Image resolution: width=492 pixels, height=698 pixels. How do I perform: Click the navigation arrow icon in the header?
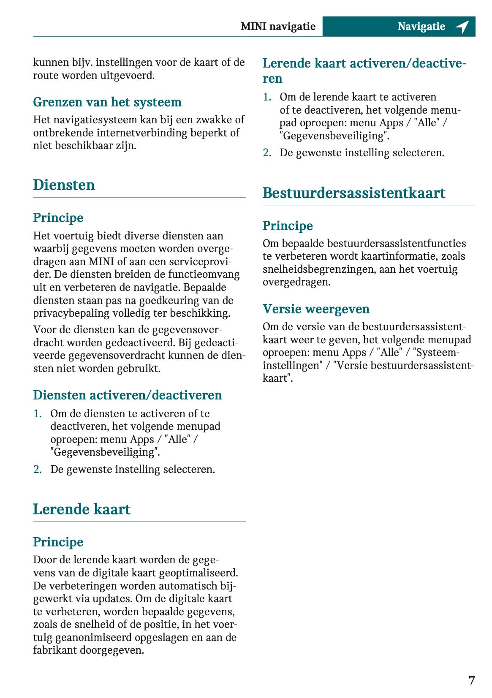click(462, 27)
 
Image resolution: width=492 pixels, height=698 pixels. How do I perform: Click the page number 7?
click(471, 680)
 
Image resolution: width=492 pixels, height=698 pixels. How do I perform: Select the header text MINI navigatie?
click(278, 27)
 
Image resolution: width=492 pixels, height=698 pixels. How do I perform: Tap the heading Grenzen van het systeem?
click(107, 102)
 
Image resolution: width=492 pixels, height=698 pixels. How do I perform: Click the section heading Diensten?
click(64, 185)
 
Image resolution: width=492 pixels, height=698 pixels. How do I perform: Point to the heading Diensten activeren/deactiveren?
click(128, 395)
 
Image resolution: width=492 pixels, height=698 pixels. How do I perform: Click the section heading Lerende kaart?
click(82, 509)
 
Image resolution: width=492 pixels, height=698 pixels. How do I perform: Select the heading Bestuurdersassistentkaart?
click(354, 193)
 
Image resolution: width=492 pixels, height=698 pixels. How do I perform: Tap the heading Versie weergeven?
click(316, 309)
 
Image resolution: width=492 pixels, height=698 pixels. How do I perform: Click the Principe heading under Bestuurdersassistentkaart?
click(288, 226)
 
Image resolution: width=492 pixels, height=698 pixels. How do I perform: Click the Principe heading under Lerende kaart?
click(58, 542)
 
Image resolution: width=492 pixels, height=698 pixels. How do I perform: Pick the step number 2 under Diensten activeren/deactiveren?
click(37, 470)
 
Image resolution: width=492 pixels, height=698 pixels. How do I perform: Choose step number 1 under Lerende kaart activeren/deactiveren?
click(266, 97)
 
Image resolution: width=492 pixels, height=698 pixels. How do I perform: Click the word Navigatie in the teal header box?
click(421, 27)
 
